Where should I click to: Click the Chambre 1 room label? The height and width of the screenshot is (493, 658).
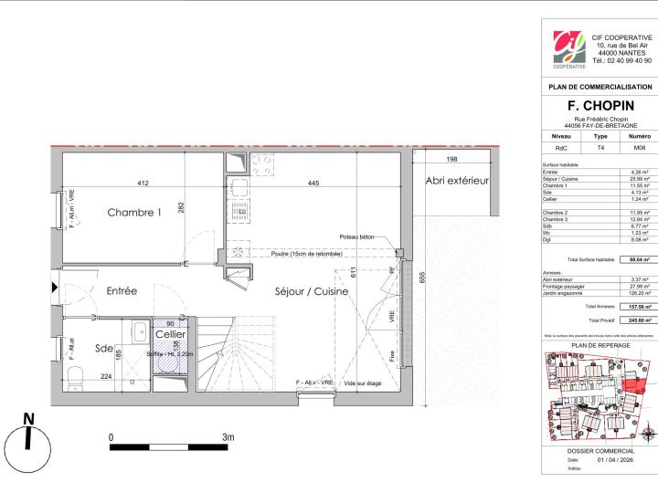click(x=134, y=213)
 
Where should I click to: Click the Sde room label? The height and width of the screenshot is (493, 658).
click(x=102, y=347)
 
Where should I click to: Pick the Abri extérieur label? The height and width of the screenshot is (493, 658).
click(x=457, y=181)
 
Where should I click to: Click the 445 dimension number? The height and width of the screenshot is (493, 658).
click(x=313, y=184)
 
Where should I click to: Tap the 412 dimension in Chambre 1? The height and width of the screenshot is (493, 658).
click(x=143, y=184)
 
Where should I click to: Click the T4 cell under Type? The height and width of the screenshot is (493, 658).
click(x=600, y=147)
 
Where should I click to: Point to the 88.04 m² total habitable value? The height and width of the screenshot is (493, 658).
click(x=637, y=260)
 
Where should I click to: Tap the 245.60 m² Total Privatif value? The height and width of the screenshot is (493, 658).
click(x=637, y=320)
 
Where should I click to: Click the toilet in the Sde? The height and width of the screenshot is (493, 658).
click(x=80, y=374)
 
